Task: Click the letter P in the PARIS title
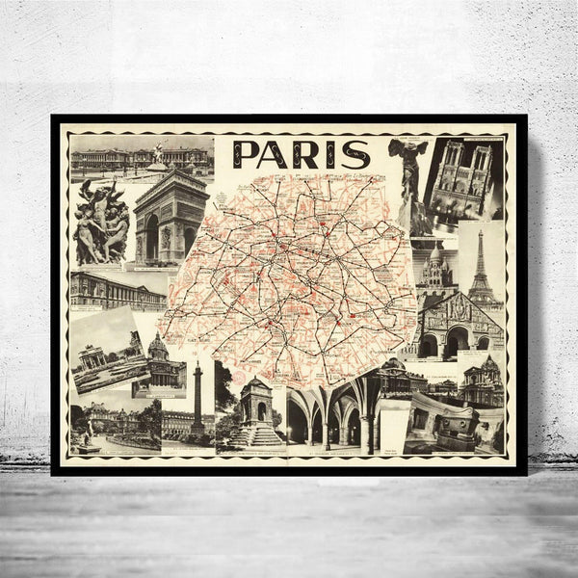[x=245, y=155]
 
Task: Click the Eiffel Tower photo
[x=481, y=265]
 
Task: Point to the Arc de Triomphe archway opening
[x=152, y=237]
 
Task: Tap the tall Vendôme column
[x=197, y=397]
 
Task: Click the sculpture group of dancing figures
[x=102, y=223]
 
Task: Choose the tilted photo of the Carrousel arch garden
[x=109, y=349]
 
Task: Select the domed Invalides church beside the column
[x=160, y=358]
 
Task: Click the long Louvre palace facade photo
[x=116, y=290]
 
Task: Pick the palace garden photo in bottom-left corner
[x=114, y=426]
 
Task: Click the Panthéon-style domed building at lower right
[x=479, y=381]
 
